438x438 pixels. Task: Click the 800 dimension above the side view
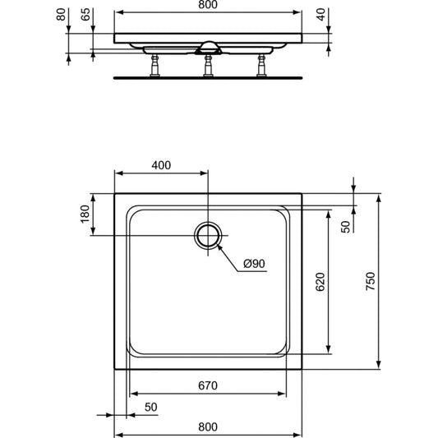click(x=208, y=5)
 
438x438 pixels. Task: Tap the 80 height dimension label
click(x=61, y=15)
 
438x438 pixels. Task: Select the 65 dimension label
click(x=85, y=15)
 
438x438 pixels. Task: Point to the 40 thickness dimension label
click(x=321, y=15)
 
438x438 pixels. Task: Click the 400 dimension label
click(x=161, y=165)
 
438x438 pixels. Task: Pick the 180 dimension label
click(x=85, y=214)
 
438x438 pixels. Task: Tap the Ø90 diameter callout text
click(x=254, y=264)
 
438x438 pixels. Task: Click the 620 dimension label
click(x=320, y=282)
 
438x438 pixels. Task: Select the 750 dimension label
click(x=371, y=281)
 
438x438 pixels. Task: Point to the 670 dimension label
click(x=208, y=385)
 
